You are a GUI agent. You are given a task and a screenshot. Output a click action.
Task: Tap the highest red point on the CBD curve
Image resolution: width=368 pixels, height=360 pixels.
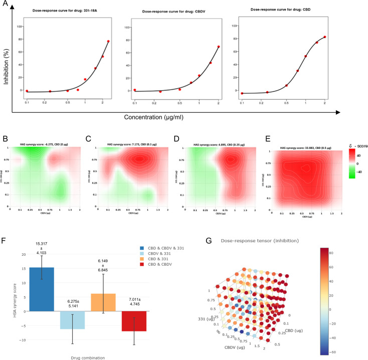pyautogui.click(x=325, y=37)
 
